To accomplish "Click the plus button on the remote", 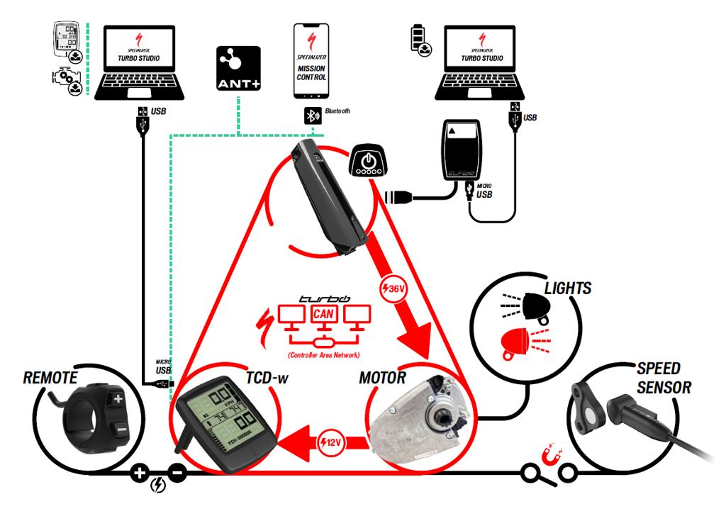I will [117, 399].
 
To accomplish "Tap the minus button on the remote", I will [122, 429].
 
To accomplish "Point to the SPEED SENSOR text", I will [659, 378].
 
